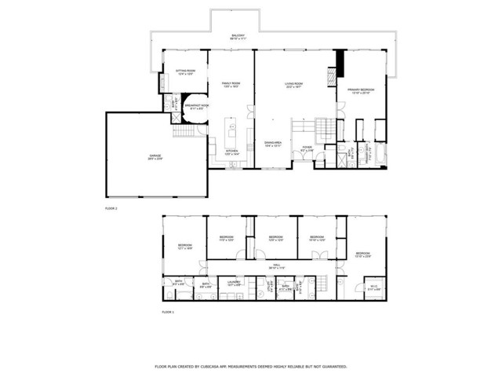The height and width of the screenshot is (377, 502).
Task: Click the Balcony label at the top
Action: pyautogui.click(x=238, y=36)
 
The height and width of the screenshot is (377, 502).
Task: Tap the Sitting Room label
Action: pyautogui.click(x=185, y=71)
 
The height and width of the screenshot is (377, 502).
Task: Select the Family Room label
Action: pyautogui.click(x=230, y=84)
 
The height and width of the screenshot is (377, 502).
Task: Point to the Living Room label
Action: pyautogui.click(x=293, y=84)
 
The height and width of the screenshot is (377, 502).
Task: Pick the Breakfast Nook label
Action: pyautogui.click(x=197, y=105)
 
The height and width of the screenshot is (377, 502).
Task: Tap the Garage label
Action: pyautogui.click(x=155, y=158)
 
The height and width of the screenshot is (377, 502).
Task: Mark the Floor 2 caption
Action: pyautogui.click(x=111, y=209)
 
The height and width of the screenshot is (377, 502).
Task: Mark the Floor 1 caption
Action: pyautogui.click(x=167, y=312)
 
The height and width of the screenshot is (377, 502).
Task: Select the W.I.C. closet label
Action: pyautogui.click(x=374, y=287)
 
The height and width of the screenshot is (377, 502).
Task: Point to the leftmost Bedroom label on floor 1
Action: pyautogui.click(x=185, y=247)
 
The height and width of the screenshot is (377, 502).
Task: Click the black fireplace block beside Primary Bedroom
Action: pyautogui.click(x=340, y=62)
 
